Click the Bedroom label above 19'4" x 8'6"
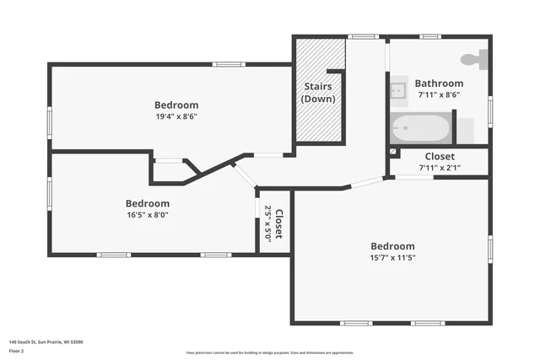(176, 105)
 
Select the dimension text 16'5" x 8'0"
(148, 214)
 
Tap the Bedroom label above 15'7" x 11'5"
(392, 246)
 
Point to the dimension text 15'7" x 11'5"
(392, 257)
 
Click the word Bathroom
(439, 83)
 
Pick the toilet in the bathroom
(475, 61)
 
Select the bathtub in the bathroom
(421, 129)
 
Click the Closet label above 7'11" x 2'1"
(439, 157)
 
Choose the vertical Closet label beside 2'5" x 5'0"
(278, 224)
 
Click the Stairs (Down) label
(318, 93)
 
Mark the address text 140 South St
(46, 342)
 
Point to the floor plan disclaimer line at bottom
(269, 352)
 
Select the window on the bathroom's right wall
(490, 110)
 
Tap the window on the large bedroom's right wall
(490, 249)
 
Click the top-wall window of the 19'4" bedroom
(229, 64)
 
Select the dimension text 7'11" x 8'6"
(439, 94)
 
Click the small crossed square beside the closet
(393, 153)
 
